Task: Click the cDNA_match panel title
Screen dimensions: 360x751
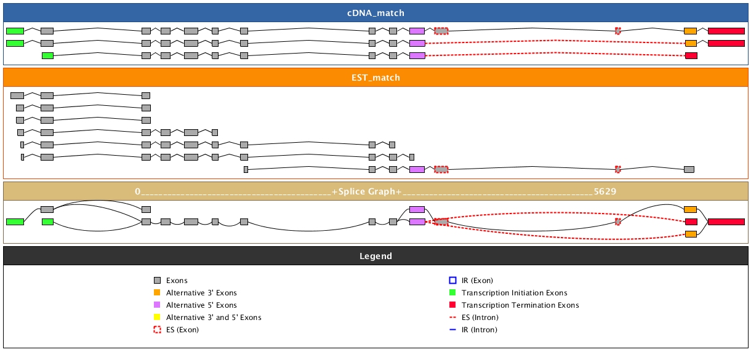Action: pyautogui.click(x=375, y=13)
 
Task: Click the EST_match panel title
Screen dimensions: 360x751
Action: pyautogui.click(x=375, y=78)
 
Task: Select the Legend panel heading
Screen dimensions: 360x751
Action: pyautogui.click(x=375, y=256)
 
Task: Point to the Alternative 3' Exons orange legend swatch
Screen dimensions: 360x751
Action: pyautogui.click(x=157, y=293)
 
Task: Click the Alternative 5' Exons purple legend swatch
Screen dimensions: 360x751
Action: pyautogui.click(x=157, y=305)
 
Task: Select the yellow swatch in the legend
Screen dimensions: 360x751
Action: pyautogui.click(x=157, y=318)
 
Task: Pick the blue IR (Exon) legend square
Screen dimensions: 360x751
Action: pyautogui.click(x=452, y=281)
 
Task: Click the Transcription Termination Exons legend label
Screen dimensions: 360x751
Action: pyautogui.click(x=520, y=305)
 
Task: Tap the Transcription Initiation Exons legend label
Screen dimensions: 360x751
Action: pyautogui.click(x=514, y=293)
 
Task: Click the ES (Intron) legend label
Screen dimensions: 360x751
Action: pyautogui.click(x=480, y=318)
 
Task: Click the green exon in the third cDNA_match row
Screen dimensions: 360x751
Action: pyautogui.click(x=47, y=55)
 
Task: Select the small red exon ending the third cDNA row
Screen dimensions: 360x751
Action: pyautogui.click(x=691, y=55)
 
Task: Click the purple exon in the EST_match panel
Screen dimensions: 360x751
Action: pyautogui.click(x=417, y=169)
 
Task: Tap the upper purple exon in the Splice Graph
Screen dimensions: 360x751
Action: pyautogui.click(x=417, y=209)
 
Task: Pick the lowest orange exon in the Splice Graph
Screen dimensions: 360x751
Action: pyautogui.click(x=691, y=234)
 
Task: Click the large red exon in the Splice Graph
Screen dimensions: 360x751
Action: pyautogui.click(x=726, y=222)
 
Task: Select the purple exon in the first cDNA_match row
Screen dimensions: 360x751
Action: pyautogui.click(x=417, y=31)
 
